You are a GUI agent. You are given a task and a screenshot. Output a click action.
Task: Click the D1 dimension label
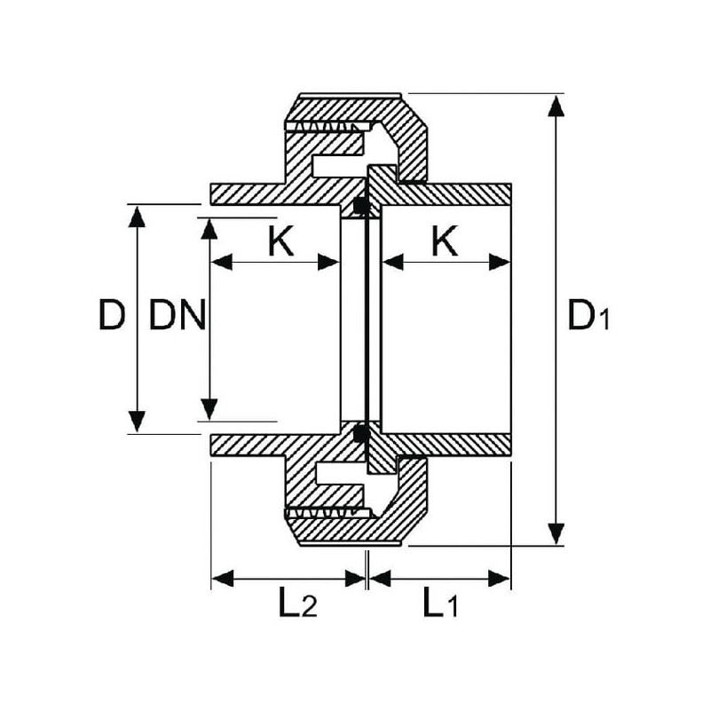[588, 315]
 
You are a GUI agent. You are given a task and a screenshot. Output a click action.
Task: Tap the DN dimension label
[177, 315]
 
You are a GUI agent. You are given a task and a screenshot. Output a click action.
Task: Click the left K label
[280, 241]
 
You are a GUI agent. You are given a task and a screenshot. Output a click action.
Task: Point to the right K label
[445, 241]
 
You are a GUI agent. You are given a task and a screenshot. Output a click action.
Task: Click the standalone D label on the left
[111, 315]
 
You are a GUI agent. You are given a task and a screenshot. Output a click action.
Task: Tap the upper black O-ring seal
[360, 206]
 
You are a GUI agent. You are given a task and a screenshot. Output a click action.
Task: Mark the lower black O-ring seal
[360, 434]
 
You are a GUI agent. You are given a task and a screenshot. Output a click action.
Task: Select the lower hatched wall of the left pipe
[266, 445]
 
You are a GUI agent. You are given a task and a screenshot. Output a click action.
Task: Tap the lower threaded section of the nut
[325, 513]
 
